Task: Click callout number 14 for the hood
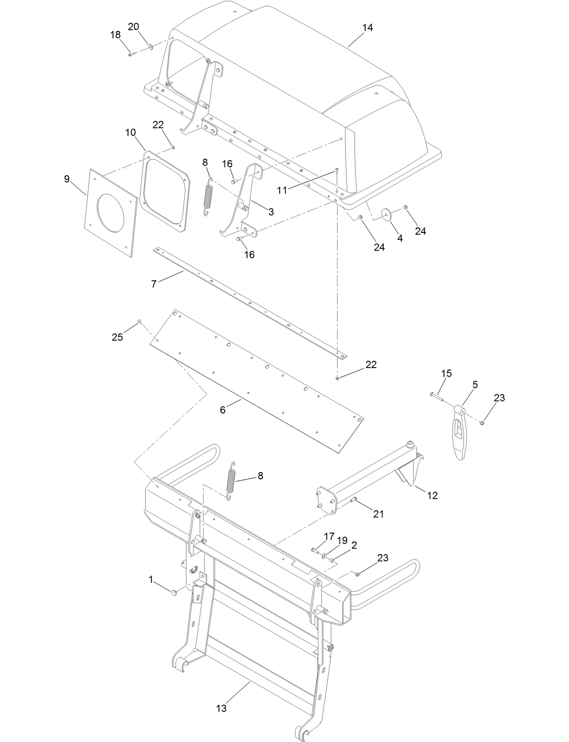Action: point(367,28)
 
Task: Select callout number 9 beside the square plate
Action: point(67,179)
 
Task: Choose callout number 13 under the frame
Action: point(221,708)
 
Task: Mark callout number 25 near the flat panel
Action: point(117,337)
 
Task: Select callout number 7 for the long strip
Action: point(154,284)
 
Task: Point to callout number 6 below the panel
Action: point(223,410)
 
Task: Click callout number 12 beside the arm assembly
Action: point(432,495)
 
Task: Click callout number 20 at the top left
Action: point(133,27)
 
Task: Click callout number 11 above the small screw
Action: point(282,190)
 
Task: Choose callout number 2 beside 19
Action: point(354,545)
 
